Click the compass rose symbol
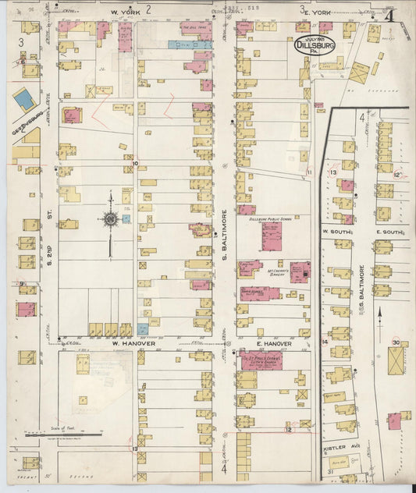pyautogui.click(x=110, y=219)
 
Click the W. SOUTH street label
pyautogui.click(x=334, y=232)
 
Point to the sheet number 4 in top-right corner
pyautogui.click(x=387, y=15)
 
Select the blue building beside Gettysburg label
pyautogui.click(x=24, y=100)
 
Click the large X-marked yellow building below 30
pyautogui.click(x=396, y=361)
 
